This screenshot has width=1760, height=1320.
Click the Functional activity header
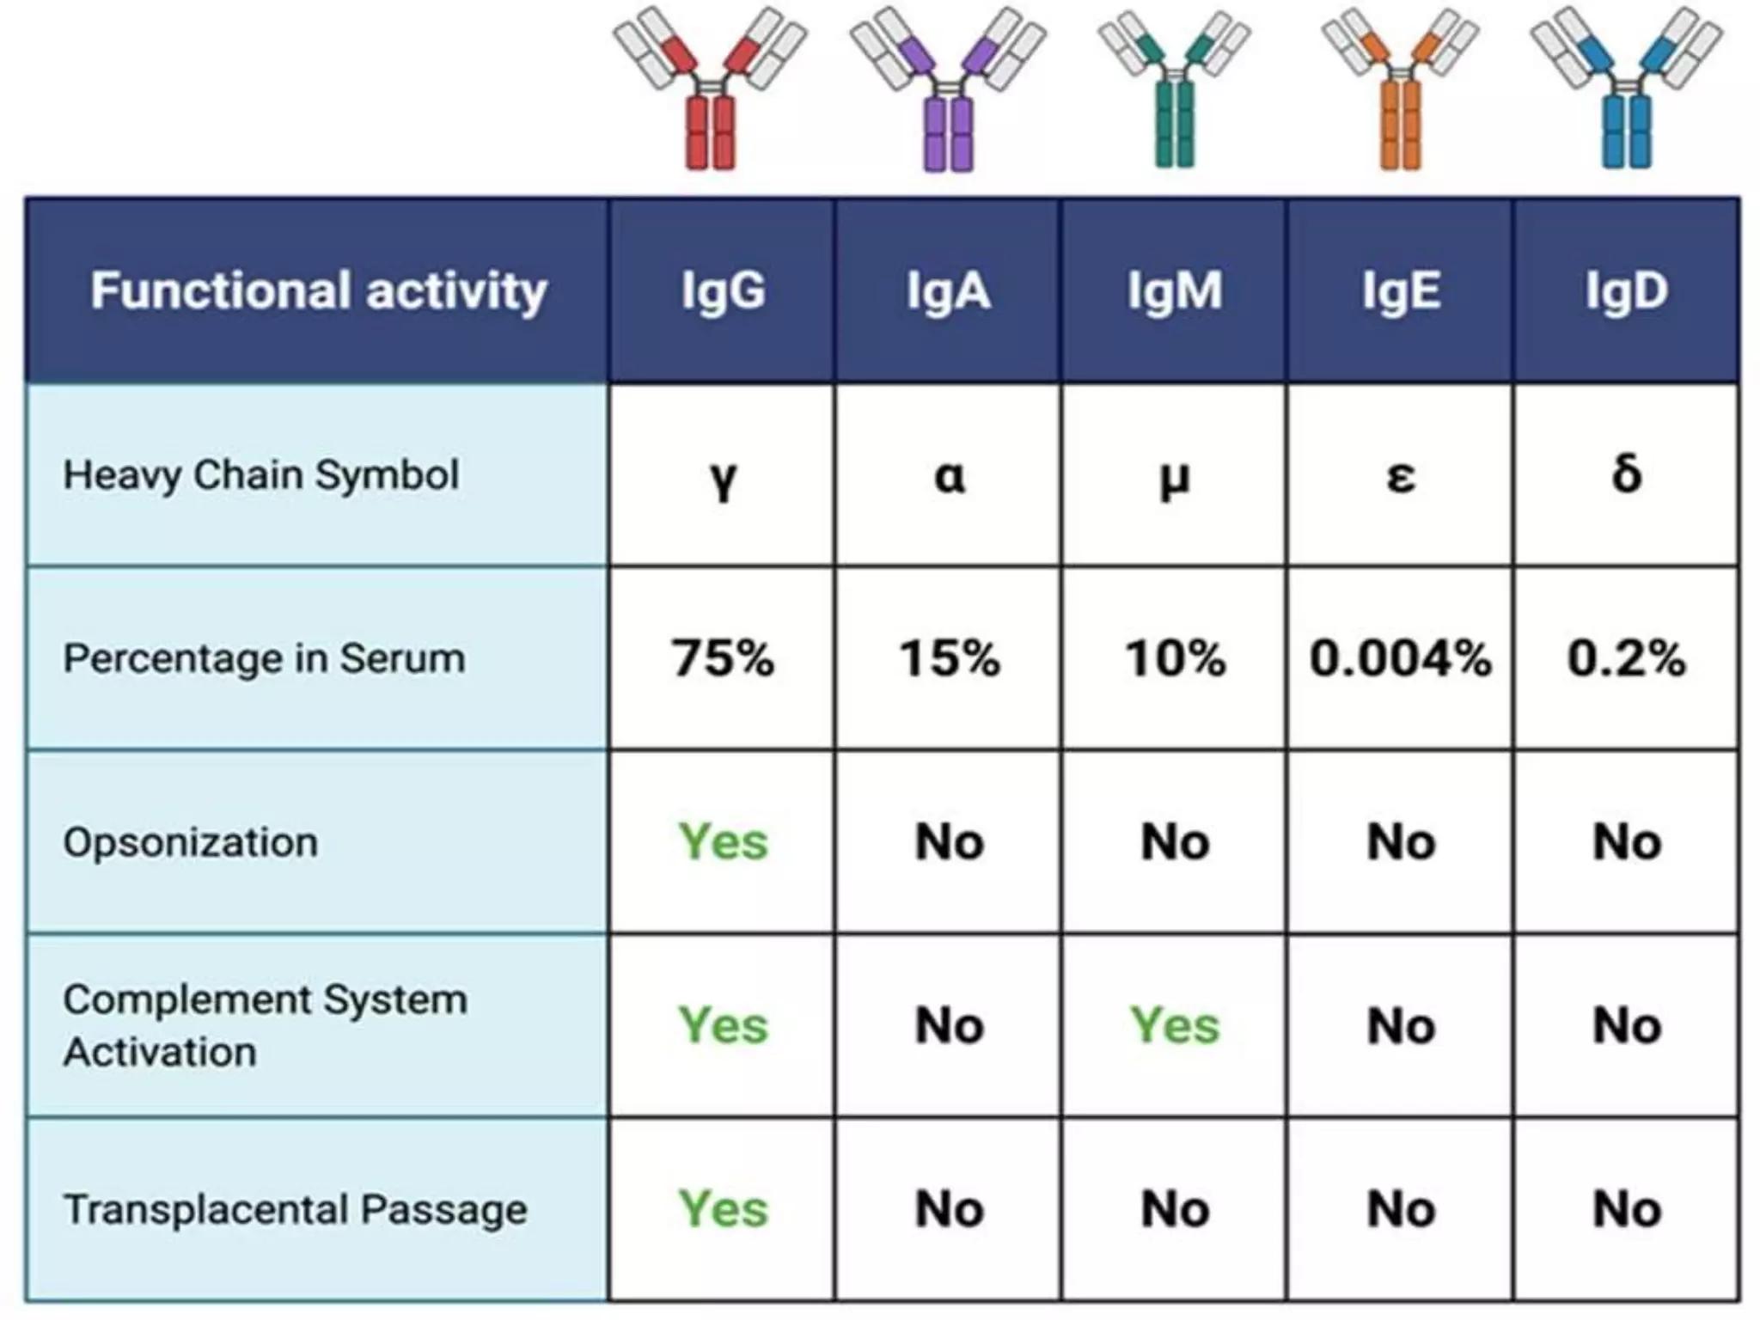(x=318, y=290)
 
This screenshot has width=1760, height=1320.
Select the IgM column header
(x=1174, y=290)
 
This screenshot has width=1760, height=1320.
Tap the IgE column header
(x=1400, y=290)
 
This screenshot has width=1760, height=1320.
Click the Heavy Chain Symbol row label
(x=260, y=475)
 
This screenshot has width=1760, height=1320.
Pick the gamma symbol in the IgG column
(x=724, y=478)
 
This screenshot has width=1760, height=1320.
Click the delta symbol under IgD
(x=1626, y=474)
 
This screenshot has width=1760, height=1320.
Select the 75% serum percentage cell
(x=723, y=658)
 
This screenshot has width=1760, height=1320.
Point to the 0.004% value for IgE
(x=1400, y=658)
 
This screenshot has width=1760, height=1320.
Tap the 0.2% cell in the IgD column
(x=1626, y=658)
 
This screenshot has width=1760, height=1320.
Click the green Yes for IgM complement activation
(x=1174, y=1025)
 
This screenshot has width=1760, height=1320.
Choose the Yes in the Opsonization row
(x=723, y=841)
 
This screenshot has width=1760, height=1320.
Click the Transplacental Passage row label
(x=295, y=1209)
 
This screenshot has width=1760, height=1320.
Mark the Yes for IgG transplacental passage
(x=723, y=1209)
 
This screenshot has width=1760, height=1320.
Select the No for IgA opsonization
(x=949, y=841)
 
